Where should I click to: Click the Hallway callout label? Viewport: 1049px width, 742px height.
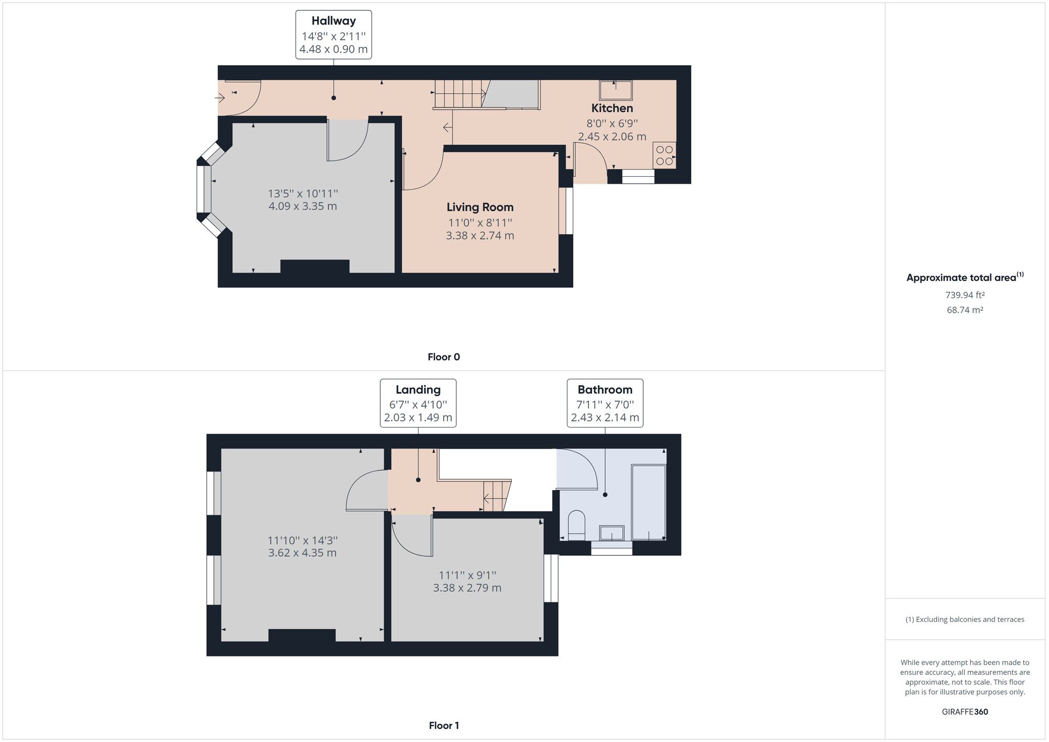(334, 35)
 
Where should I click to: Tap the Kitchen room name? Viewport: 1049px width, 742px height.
(612, 108)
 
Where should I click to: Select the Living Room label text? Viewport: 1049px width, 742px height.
(480, 207)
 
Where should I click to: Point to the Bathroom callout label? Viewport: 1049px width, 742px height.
(605, 403)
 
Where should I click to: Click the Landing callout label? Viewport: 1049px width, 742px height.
(418, 403)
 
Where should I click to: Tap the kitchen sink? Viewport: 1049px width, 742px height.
(616, 90)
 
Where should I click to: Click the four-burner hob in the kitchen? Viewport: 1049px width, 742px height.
(665, 155)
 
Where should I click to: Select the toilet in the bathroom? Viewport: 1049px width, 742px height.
(576, 525)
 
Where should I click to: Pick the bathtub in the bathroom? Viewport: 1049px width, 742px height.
(649, 502)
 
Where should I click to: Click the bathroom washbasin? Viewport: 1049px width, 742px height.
(612, 533)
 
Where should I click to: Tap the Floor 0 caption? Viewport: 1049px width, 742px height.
(444, 357)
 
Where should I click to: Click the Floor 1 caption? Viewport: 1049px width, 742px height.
(444, 726)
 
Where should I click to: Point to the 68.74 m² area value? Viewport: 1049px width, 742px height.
(965, 310)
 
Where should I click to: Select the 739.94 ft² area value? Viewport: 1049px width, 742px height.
(965, 295)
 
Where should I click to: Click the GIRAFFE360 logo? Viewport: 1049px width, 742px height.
(965, 712)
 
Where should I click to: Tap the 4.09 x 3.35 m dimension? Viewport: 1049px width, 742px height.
(303, 206)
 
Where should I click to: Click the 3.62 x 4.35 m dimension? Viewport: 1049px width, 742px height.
(302, 553)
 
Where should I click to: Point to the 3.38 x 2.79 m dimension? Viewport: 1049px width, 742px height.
(467, 588)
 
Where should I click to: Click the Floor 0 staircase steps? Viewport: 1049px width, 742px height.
(459, 94)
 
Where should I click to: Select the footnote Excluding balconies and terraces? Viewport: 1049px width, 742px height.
(965, 619)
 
